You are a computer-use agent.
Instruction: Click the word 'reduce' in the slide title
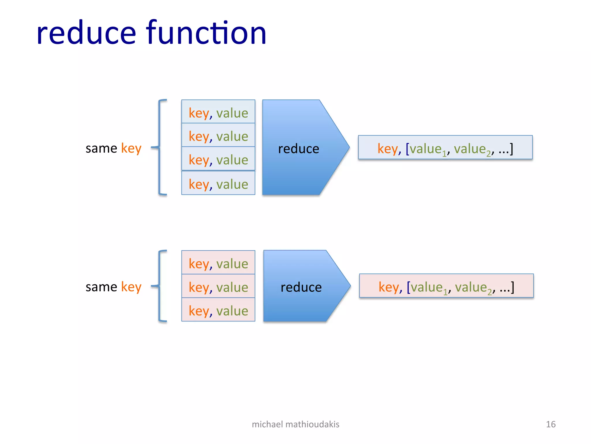click(86, 33)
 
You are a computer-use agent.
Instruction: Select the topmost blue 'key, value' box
click(218, 112)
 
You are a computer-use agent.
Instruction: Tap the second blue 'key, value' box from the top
click(218, 135)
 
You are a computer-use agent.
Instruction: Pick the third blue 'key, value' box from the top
click(218, 159)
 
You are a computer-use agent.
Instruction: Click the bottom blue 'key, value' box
click(218, 183)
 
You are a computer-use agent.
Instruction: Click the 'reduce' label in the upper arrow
click(298, 149)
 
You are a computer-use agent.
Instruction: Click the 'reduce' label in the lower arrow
click(301, 287)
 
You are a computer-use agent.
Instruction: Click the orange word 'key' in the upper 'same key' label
click(131, 149)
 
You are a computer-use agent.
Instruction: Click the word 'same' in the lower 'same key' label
click(101, 287)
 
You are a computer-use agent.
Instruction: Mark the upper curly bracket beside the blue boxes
click(160, 147)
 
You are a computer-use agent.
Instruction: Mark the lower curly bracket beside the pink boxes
click(160, 286)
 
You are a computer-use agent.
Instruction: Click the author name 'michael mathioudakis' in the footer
click(295, 424)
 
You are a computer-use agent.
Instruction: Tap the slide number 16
click(551, 424)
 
